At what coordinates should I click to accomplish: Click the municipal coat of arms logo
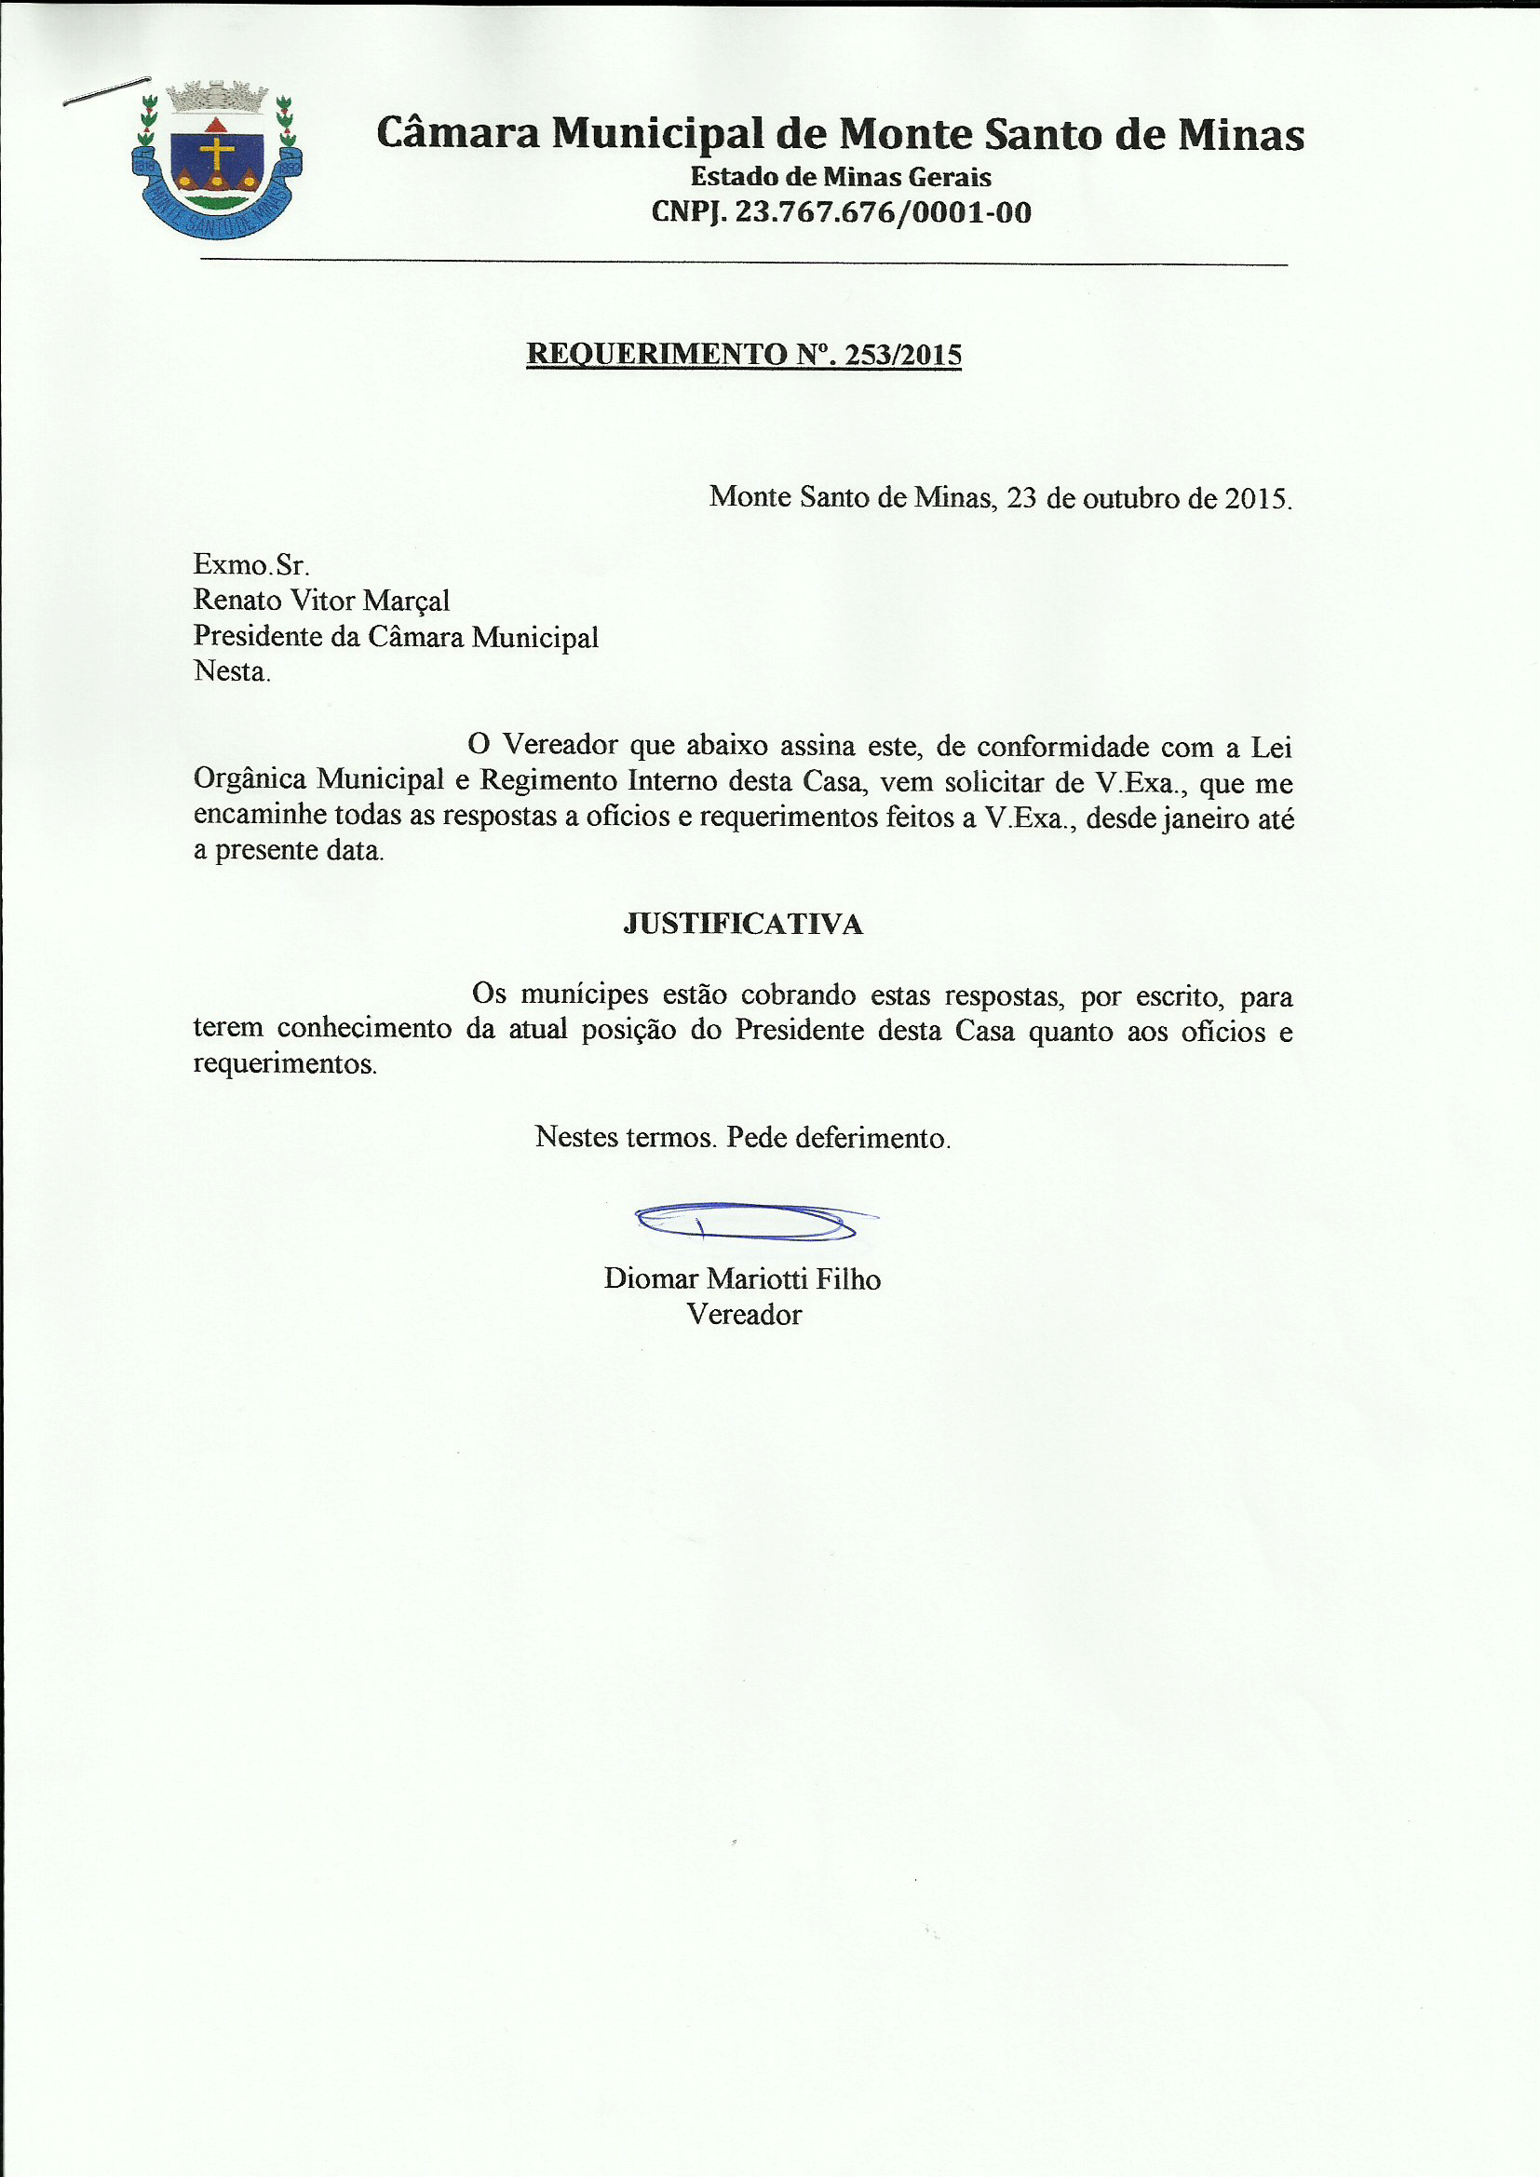216,159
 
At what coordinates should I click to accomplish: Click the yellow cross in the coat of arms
217,155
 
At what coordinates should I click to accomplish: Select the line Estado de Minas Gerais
840,176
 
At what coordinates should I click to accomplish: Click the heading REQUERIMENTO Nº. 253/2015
743,354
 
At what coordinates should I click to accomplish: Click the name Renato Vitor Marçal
320,601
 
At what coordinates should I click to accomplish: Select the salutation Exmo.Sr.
250,565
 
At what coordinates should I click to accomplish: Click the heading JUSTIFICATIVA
743,925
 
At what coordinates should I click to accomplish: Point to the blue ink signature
750,1222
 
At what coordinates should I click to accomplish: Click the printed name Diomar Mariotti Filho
742,1279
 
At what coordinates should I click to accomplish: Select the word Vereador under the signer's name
743,1315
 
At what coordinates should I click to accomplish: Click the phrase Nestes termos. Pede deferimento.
742,1137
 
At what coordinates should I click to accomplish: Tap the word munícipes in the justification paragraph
584,994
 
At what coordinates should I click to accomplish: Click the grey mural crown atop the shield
216,96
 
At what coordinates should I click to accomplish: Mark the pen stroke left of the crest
106,90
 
